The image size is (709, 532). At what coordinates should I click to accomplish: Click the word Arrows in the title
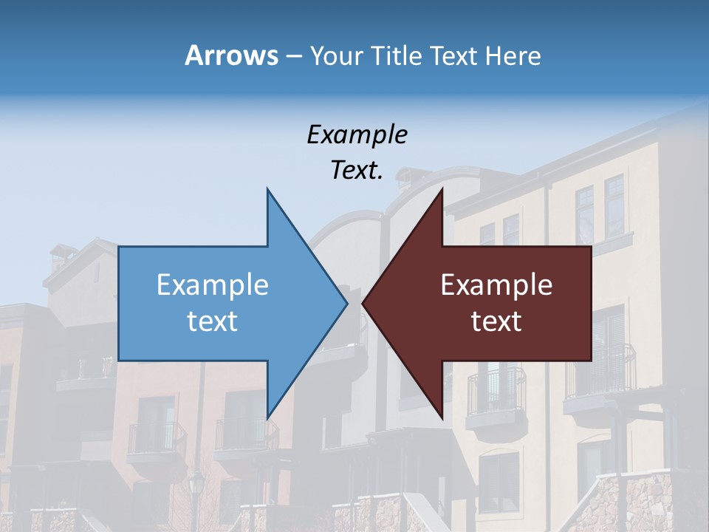click(231, 55)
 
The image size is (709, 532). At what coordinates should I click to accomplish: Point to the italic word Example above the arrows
click(357, 134)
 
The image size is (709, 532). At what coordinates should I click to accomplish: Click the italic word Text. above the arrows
click(357, 171)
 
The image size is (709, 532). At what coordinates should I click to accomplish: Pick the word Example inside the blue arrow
click(212, 285)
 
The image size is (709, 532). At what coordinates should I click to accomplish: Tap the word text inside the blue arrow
click(212, 321)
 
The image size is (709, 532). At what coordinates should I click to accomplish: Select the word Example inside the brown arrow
click(496, 285)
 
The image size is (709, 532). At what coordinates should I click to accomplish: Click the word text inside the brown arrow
click(496, 321)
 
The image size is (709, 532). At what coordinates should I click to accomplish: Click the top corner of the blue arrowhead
click(267, 189)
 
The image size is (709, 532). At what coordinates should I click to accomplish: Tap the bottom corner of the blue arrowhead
click(267, 417)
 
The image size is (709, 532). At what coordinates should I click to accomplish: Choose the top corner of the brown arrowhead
click(442, 189)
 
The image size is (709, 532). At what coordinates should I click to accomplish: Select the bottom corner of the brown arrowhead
click(442, 417)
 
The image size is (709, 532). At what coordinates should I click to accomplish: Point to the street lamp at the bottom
click(196, 487)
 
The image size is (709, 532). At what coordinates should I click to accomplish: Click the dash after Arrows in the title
click(293, 56)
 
